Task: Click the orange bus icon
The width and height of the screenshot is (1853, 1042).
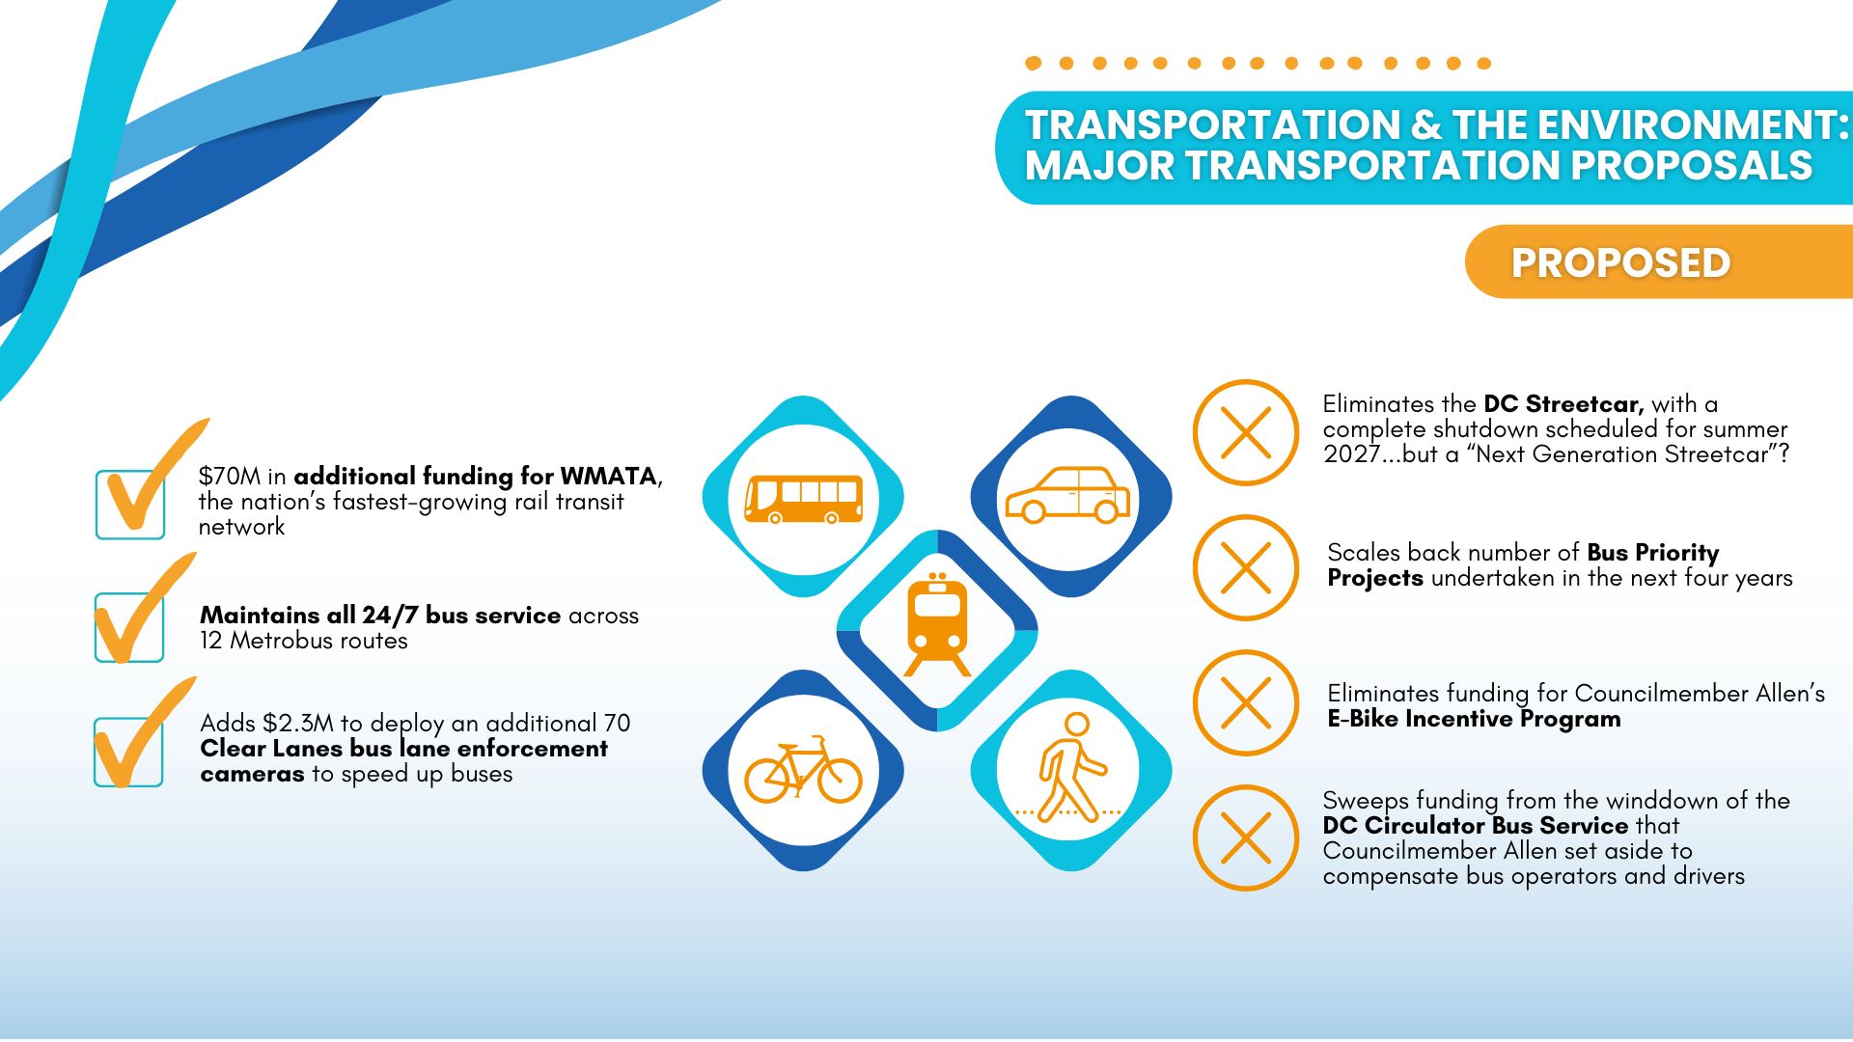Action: (x=803, y=499)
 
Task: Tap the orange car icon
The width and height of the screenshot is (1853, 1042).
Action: (x=1067, y=495)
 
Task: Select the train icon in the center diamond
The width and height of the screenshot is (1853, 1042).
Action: (x=937, y=624)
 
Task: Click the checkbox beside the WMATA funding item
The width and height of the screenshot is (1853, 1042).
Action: (x=130, y=504)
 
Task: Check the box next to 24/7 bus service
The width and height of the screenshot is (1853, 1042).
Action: (x=129, y=627)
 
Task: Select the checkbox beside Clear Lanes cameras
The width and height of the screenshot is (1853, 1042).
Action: (x=128, y=752)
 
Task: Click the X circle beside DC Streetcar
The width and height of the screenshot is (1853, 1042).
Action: (x=1246, y=432)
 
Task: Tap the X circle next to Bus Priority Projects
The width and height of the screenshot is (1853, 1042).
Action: (x=1246, y=567)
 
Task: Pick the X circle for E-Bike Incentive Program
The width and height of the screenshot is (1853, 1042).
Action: (x=1246, y=702)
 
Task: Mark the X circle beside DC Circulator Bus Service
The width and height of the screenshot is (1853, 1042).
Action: (x=1246, y=837)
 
